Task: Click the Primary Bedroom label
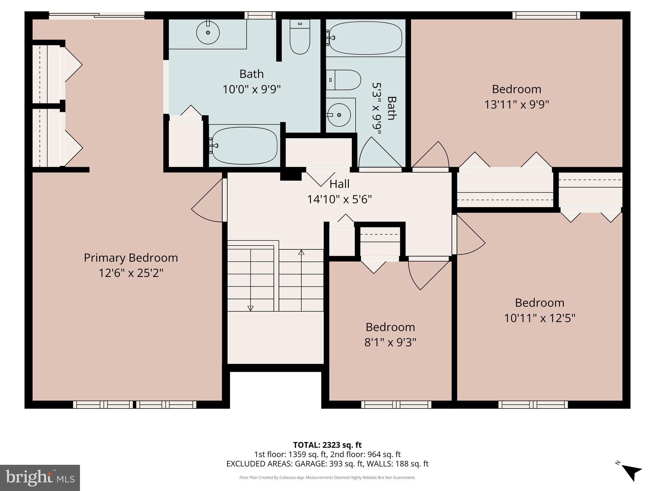click(131, 258)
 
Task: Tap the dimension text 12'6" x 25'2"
click(131, 273)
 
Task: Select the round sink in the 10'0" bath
click(208, 33)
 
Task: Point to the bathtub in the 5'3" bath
click(365, 38)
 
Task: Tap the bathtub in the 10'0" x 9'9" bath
click(245, 145)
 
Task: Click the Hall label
click(339, 184)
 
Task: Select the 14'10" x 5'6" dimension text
click(339, 199)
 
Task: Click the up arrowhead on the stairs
click(301, 252)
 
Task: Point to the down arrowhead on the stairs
click(250, 308)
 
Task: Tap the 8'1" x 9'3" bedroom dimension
click(390, 342)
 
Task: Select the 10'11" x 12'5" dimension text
click(540, 318)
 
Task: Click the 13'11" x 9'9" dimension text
click(517, 105)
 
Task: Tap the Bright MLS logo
click(40, 478)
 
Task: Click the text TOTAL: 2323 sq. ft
click(327, 445)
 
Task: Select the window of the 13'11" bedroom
click(546, 15)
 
